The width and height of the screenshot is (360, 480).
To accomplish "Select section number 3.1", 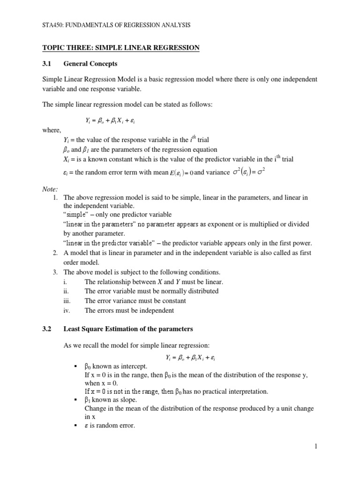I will click(47, 63).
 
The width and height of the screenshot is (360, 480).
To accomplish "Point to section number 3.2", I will click(47, 329).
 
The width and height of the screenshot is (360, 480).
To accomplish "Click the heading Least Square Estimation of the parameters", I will click(128, 329).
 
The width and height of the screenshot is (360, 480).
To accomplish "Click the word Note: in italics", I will click(50, 189).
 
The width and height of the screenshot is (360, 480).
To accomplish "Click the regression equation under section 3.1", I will click(111, 120).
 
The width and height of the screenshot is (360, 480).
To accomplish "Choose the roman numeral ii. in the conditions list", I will click(67, 291).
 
